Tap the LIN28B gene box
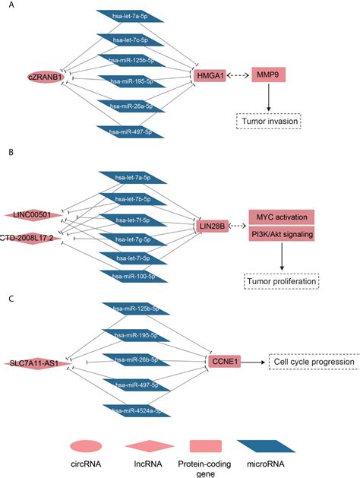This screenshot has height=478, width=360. click(212, 226)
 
